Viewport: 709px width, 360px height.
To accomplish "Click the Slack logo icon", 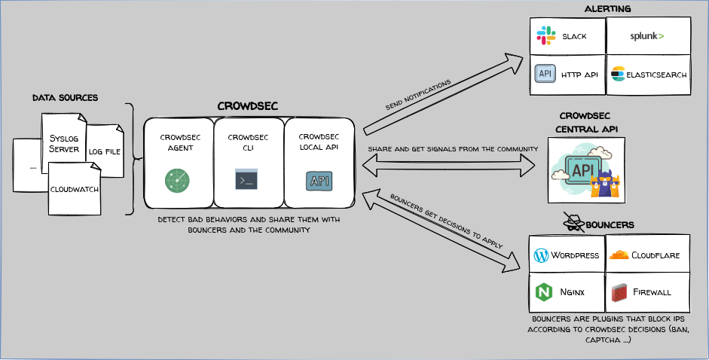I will [545, 35].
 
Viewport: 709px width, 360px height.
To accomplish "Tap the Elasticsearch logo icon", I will [619, 74].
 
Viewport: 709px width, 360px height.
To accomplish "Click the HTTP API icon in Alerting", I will [545, 74].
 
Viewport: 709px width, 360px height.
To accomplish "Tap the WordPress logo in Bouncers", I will [540, 255].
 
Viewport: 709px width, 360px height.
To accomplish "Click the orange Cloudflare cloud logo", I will [619, 255].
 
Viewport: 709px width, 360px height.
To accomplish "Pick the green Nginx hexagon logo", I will [542, 291].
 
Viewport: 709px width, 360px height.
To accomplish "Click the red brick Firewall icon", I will [620, 291].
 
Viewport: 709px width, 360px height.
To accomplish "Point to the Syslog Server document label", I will [63, 143].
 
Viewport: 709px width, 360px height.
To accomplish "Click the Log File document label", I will [105, 151].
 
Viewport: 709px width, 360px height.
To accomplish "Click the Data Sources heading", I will [65, 98].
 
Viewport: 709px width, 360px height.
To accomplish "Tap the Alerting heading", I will [607, 8].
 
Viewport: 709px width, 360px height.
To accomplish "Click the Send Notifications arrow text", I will [418, 94].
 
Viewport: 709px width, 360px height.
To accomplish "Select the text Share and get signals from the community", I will [452, 149].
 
